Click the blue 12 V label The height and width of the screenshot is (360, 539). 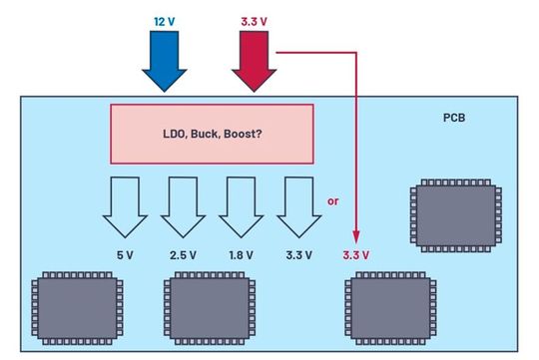[164, 21]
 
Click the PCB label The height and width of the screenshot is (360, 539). [456, 118]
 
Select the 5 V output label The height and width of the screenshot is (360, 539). [125, 255]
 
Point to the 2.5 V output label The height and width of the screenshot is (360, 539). [182, 255]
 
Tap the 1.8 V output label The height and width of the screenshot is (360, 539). [239, 255]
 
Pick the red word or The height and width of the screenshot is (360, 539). [333, 200]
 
